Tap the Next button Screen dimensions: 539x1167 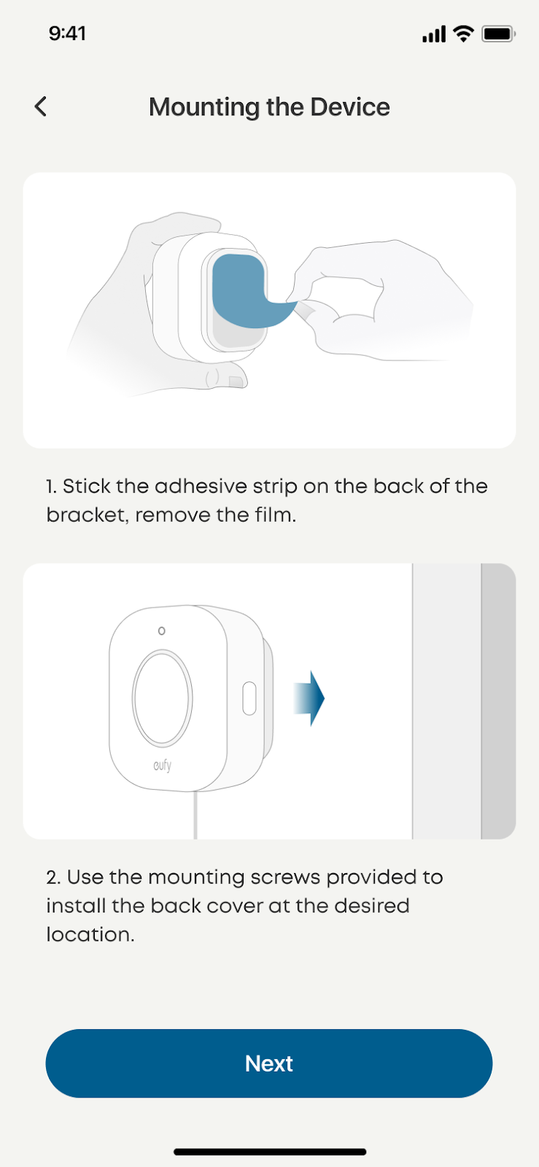(x=268, y=1063)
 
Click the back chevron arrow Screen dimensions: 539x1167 (x=41, y=106)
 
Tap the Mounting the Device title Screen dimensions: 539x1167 (x=269, y=106)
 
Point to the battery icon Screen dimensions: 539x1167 (x=498, y=34)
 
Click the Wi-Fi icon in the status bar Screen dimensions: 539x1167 (x=463, y=34)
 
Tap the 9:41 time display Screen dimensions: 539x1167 (x=67, y=34)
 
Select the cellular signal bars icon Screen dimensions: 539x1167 (x=434, y=34)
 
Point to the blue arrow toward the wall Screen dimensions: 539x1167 (x=309, y=698)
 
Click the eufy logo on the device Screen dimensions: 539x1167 (x=163, y=765)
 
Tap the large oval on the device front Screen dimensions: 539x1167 (x=163, y=697)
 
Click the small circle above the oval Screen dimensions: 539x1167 (x=161, y=631)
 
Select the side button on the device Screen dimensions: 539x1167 (x=249, y=698)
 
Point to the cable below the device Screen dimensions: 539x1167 (x=195, y=815)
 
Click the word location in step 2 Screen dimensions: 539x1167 (x=90, y=934)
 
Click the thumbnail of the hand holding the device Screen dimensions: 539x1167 (x=269, y=310)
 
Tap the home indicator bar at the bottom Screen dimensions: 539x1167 (x=270, y=1152)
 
